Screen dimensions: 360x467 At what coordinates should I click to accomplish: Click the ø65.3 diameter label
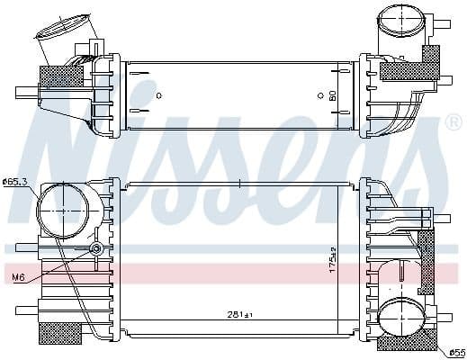click(x=15, y=182)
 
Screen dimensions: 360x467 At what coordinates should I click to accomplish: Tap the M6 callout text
click(x=16, y=277)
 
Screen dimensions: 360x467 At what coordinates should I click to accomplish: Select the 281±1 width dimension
click(x=238, y=314)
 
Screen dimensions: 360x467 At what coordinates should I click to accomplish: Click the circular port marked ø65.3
click(x=58, y=203)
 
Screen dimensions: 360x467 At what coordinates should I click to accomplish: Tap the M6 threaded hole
click(x=96, y=248)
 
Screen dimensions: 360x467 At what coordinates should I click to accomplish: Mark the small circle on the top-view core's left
click(x=158, y=94)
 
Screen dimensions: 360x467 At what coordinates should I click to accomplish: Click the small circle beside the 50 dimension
click(x=320, y=94)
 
